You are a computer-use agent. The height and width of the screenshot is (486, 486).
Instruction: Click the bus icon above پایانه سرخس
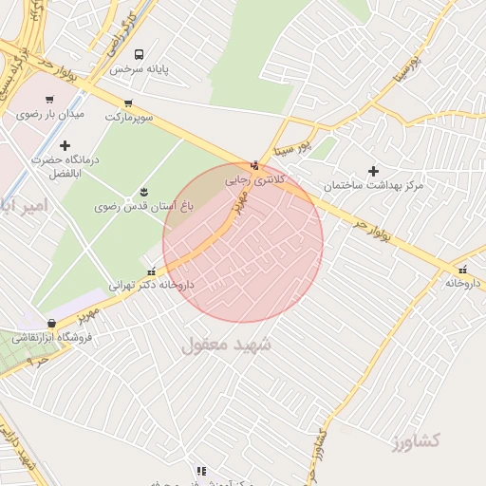coord(140,55)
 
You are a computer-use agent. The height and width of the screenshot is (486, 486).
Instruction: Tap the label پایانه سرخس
coord(131,70)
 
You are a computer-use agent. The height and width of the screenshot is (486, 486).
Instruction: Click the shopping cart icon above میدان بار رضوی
coord(49,99)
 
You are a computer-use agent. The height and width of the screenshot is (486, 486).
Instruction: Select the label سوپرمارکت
coord(127,116)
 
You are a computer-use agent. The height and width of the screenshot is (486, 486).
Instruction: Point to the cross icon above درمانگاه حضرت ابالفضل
coord(65,145)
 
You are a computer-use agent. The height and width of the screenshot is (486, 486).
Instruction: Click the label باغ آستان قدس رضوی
coord(143,205)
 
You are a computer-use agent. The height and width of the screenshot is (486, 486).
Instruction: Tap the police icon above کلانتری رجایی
coord(253,165)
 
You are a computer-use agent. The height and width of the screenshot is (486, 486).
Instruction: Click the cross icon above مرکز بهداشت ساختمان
coord(373,172)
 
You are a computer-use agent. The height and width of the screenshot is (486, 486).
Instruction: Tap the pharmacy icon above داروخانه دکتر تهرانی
coord(152,271)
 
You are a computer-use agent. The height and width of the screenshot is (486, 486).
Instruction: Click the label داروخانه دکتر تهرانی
coord(151,284)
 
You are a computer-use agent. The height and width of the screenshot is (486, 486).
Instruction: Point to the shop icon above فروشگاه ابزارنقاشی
coord(51,324)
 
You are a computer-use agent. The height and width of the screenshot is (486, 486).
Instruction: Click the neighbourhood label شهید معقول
coord(226,345)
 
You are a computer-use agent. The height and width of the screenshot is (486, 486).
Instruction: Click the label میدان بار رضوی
coord(50,114)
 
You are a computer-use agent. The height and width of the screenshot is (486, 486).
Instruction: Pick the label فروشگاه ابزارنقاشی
coord(51,337)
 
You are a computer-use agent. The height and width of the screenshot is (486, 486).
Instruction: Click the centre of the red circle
coord(243,243)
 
